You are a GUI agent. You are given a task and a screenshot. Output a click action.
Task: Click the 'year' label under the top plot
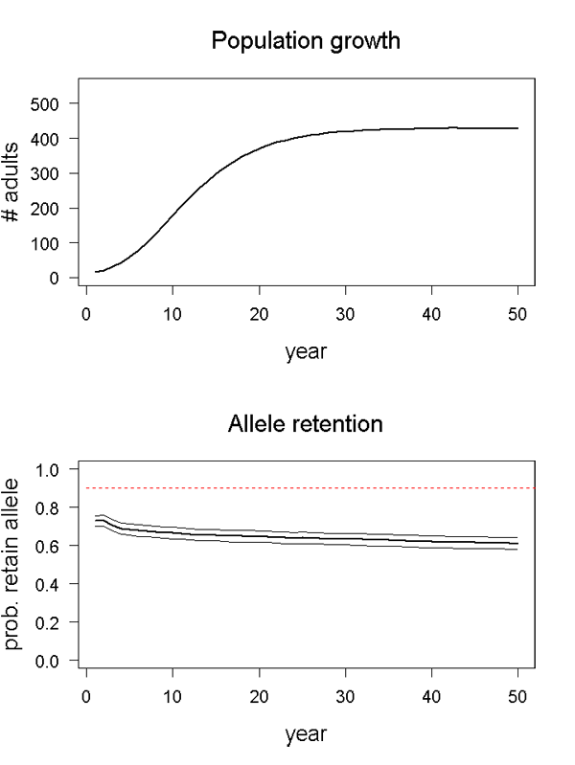coord(306,351)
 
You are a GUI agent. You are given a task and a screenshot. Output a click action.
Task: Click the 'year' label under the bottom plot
coord(306,734)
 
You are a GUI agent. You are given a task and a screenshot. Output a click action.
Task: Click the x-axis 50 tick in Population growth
coord(517,313)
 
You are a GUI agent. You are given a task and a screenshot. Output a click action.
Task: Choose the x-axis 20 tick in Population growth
coord(259,313)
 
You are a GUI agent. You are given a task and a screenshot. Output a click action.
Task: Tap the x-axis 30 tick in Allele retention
coord(345,696)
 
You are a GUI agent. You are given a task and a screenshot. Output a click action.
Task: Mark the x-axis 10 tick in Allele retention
coord(172,696)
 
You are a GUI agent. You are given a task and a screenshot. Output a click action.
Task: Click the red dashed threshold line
coord(307,488)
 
